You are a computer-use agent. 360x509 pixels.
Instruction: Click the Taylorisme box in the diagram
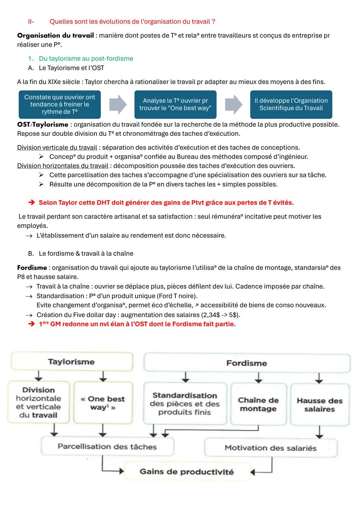click(x=71, y=362)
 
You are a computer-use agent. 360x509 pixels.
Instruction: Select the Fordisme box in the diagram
click(x=247, y=363)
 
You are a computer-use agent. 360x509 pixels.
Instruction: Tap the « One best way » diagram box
click(x=103, y=403)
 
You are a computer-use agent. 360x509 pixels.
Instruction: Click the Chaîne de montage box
click(x=258, y=404)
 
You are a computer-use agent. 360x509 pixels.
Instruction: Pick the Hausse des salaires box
click(x=320, y=405)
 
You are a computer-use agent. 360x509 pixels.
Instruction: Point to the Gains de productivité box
click(x=187, y=472)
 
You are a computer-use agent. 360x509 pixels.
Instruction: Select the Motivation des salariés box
click(x=270, y=448)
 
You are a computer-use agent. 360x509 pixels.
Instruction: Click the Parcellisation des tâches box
click(x=107, y=447)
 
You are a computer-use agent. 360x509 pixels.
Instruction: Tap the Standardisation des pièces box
click(x=185, y=404)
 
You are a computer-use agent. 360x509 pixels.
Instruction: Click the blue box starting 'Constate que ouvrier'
click(x=60, y=104)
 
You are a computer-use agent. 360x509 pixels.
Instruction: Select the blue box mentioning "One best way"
click(x=175, y=104)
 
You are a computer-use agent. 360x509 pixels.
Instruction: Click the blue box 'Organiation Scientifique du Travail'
click(x=291, y=104)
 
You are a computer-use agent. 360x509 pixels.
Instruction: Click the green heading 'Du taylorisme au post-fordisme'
click(x=86, y=59)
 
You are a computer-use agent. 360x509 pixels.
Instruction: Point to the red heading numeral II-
click(x=31, y=22)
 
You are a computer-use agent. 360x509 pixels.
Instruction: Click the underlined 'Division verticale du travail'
click(x=57, y=148)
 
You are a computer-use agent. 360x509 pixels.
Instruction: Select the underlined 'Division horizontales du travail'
click(x=63, y=166)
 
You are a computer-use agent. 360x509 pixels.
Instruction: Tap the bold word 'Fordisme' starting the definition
click(x=32, y=268)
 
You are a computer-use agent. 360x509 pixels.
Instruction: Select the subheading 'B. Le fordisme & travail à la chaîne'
click(x=81, y=254)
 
